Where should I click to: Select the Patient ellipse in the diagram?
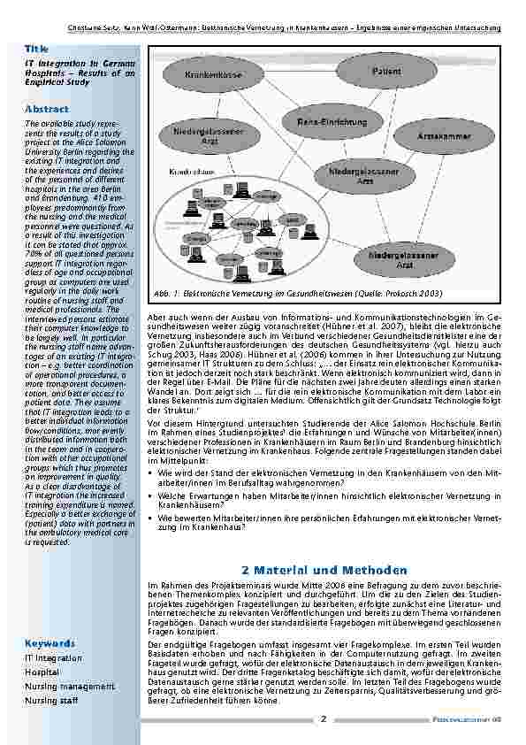coord(386,71)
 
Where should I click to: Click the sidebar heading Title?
coord(36,49)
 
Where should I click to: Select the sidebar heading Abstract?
coord(47,108)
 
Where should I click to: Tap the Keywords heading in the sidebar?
coord(50,643)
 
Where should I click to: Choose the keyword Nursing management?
coord(70,686)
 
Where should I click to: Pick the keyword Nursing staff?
coord(52,700)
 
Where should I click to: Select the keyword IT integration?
coord(54,658)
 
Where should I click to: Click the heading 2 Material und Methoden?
coord(324,569)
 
